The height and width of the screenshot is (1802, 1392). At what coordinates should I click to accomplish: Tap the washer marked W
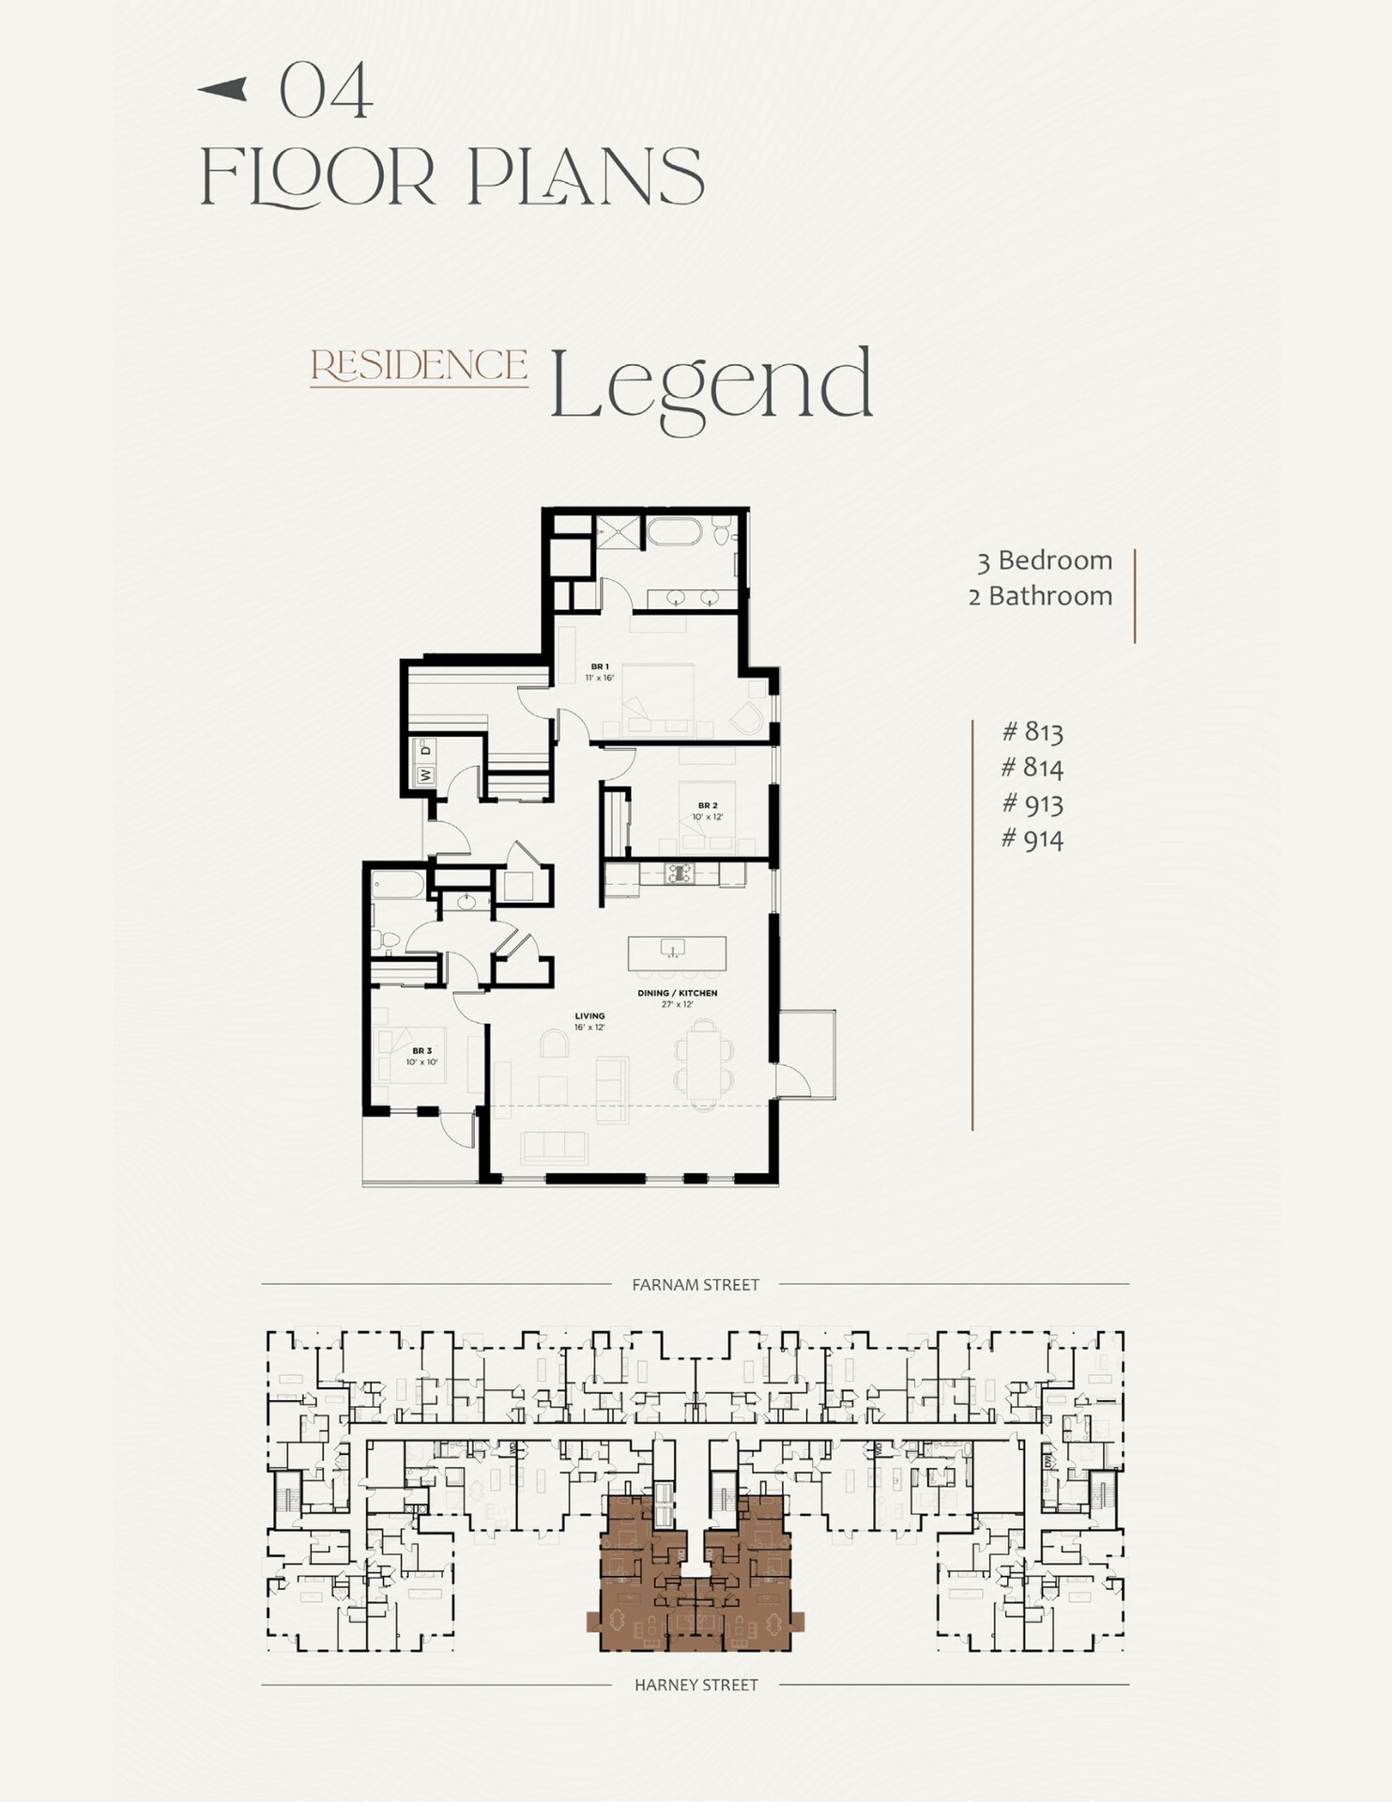pyautogui.click(x=425, y=775)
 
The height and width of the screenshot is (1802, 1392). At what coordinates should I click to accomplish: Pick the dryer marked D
pyautogui.click(x=425, y=749)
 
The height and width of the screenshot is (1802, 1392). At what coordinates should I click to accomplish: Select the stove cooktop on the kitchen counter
pyautogui.click(x=679, y=874)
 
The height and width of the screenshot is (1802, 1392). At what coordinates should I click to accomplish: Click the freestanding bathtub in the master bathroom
pyautogui.click(x=673, y=532)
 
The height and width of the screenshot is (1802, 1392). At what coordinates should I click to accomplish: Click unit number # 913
pyautogui.click(x=1032, y=803)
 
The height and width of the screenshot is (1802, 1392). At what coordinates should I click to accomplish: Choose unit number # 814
pyautogui.click(x=1032, y=768)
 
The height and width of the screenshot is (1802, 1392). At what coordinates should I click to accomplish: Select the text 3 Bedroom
pyautogui.click(x=1044, y=560)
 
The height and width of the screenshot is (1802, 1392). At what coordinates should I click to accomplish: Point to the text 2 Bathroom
pyautogui.click(x=1040, y=596)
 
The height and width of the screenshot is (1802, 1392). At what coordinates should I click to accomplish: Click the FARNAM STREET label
pyautogui.click(x=696, y=1285)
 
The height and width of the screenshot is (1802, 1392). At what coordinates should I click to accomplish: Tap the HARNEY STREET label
pyautogui.click(x=696, y=1685)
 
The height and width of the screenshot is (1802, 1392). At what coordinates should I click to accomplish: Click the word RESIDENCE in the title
pyautogui.click(x=419, y=365)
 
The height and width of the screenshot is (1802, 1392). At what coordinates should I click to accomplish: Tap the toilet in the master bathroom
pyautogui.click(x=721, y=532)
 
